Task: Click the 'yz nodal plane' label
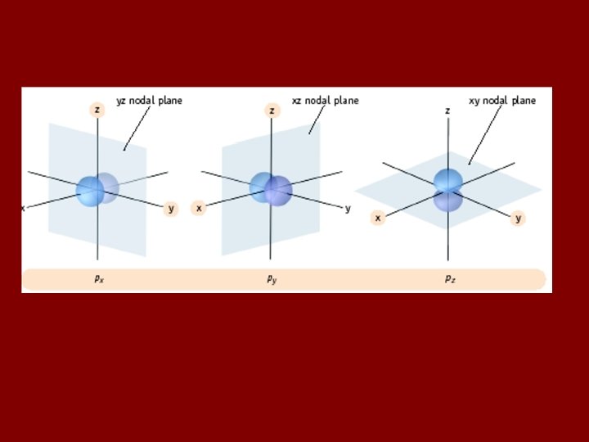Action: [149, 101]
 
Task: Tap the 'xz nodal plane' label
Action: [325, 101]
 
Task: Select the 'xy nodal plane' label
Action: [502, 101]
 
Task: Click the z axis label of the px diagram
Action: [97, 110]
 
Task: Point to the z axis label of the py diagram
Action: [272, 110]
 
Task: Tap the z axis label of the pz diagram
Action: [447, 110]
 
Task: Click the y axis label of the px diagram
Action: [171, 208]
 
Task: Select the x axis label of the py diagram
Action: [199, 208]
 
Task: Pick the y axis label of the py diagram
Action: [348, 208]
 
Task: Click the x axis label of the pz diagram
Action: [377, 218]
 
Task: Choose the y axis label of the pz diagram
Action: [518, 218]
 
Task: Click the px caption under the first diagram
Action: [98, 279]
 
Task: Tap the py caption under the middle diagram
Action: [272, 279]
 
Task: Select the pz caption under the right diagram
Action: [449, 279]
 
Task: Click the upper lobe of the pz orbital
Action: [448, 181]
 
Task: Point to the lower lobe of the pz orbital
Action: [448, 201]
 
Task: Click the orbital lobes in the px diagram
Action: [97, 190]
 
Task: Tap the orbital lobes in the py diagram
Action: [272, 190]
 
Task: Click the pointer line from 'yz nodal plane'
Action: [137, 128]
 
